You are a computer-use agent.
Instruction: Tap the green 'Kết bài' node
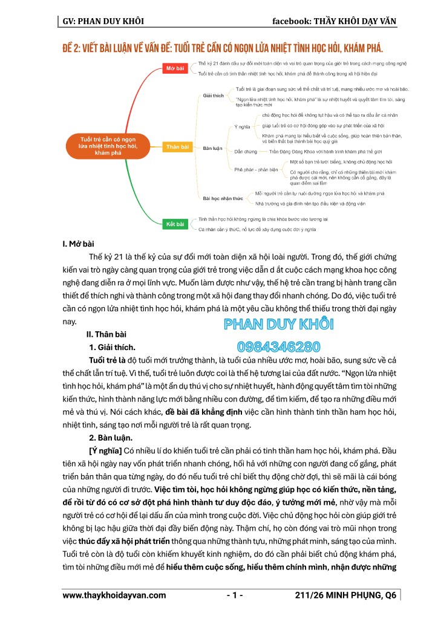(175, 224)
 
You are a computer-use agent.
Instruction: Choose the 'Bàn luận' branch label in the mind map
(213, 147)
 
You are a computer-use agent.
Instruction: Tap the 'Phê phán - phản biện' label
(254, 170)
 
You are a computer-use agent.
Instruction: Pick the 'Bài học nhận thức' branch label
(223, 198)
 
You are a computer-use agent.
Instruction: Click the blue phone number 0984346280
(279, 347)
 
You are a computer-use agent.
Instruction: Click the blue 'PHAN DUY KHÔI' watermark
(279, 324)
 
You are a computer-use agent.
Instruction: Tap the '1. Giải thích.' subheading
(113, 347)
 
